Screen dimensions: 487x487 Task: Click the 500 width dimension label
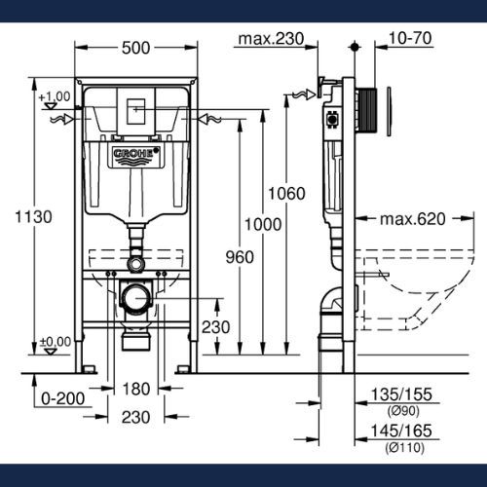click(x=135, y=48)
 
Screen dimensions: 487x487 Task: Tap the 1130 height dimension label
click(x=33, y=217)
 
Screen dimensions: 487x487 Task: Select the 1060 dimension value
click(x=286, y=194)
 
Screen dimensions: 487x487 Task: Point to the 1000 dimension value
click(x=263, y=225)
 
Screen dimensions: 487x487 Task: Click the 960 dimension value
click(x=240, y=257)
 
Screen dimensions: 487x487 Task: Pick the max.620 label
click(x=413, y=219)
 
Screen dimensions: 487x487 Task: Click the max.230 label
click(x=271, y=39)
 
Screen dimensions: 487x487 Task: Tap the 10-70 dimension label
click(x=410, y=38)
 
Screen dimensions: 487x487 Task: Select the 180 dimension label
click(x=136, y=389)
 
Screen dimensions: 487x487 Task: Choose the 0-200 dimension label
click(x=63, y=398)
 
